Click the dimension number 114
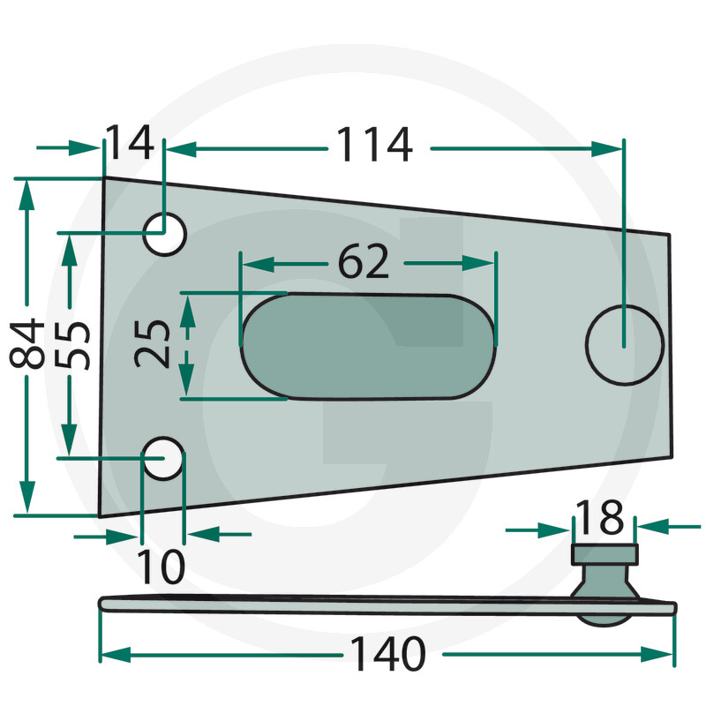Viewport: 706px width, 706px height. tap(374, 144)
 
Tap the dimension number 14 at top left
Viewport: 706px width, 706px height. tap(130, 143)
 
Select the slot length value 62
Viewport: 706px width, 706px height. tap(364, 261)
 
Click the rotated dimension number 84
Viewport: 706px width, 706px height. tap(27, 343)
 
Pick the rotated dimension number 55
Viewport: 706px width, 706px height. tap(72, 345)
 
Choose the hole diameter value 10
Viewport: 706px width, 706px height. tap(161, 567)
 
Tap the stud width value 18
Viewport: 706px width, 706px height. tap(600, 517)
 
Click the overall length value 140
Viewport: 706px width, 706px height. tap(387, 653)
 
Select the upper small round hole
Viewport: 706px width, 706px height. tap(165, 234)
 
